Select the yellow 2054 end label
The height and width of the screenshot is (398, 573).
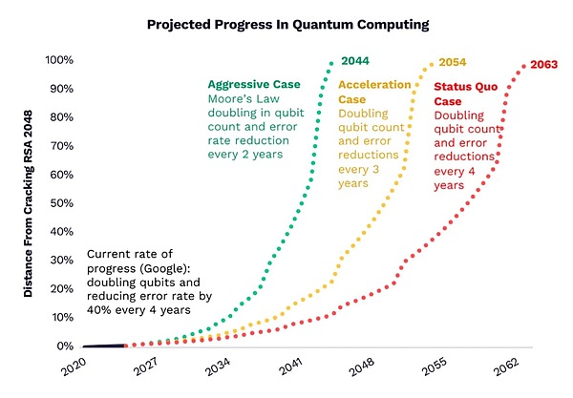[x=453, y=61]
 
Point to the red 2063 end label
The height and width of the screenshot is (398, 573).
[x=543, y=65]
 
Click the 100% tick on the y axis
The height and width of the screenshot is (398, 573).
[x=60, y=60]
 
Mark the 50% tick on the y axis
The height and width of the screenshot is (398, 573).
[x=63, y=203]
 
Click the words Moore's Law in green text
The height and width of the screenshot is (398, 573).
[x=241, y=99]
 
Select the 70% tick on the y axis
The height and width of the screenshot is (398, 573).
[x=63, y=146]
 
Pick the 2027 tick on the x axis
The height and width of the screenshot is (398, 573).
[x=147, y=367]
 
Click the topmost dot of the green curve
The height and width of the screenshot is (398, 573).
[x=330, y=62]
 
